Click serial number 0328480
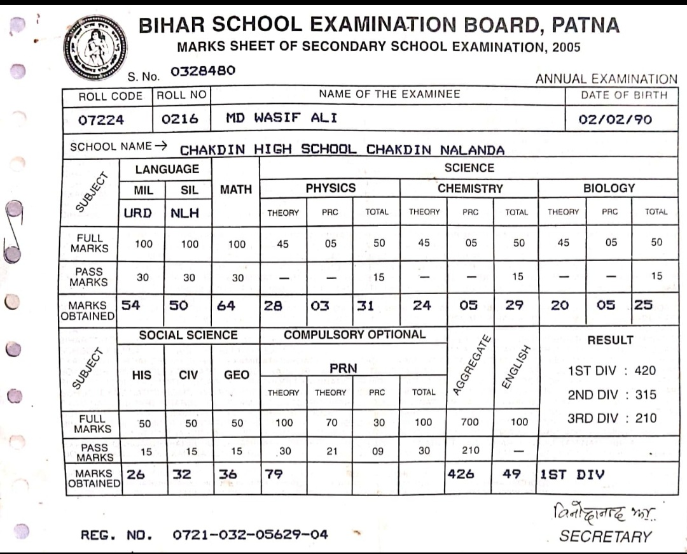click(x=203, y=71)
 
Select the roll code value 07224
click(x=101, y=120)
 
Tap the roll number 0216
click(x=180, y=119)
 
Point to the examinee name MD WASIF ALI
click(x=282, y=118)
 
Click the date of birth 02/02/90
click(x=614, y=120)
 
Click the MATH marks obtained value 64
click(x=226, y=306)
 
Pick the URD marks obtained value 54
click(x=131, y=305)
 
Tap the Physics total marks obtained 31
click(x=365, y=306)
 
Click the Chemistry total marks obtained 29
click(x=514, y=306)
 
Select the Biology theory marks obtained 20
click(x=560, y=306)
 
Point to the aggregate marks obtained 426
click(x=461, y=474)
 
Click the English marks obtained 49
click(x=511, y=474)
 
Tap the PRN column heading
click(x=343, y=368)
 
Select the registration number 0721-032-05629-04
click(x=251, y=534)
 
